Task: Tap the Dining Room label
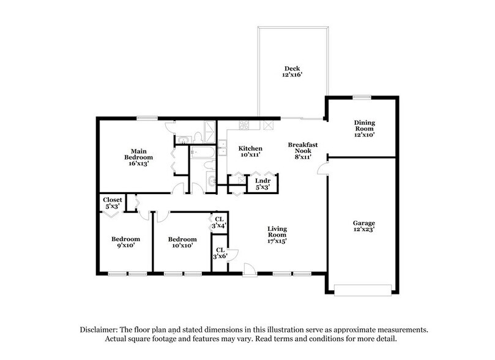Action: pos(364,129)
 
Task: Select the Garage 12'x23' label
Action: pos(363,226)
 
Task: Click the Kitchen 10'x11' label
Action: pos(250,151)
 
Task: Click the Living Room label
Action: pos(277,235)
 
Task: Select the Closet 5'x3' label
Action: pos(113,203)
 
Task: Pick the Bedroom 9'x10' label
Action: pos(125,242)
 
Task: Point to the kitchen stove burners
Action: pos(244,126)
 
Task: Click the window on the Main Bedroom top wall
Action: pos(144,118)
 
